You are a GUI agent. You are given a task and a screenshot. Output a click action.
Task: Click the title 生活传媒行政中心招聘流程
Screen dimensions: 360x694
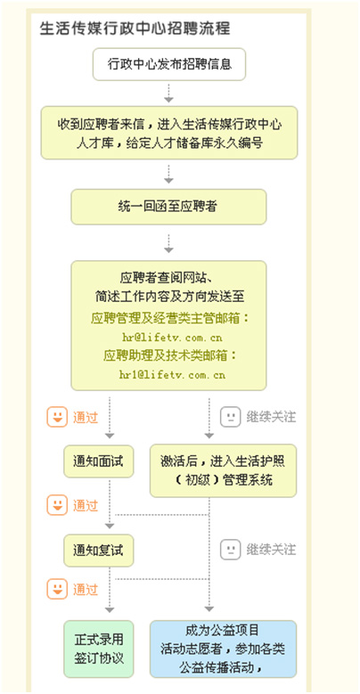135,29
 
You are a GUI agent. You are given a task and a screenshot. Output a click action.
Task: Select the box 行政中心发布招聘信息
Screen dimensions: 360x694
169,64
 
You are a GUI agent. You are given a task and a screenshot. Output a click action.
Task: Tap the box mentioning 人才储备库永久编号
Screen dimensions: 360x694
169,133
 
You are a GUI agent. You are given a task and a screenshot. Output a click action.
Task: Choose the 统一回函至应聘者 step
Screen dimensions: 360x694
168,207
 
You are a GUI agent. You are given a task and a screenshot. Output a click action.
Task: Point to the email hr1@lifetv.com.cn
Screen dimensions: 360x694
172,375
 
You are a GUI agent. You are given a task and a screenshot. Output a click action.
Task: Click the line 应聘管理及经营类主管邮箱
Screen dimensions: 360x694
170,318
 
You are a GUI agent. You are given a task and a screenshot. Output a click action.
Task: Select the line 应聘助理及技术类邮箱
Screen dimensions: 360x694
170,355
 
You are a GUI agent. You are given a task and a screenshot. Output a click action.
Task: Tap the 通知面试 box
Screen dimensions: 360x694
98,461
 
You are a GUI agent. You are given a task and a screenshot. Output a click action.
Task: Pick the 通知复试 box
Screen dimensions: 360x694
98,551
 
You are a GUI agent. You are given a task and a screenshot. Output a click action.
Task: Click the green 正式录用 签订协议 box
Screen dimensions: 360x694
98,649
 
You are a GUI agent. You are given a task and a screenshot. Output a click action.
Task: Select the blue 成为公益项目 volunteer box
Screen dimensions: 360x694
223,649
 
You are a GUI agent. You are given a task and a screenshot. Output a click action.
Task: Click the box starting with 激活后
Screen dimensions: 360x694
223,470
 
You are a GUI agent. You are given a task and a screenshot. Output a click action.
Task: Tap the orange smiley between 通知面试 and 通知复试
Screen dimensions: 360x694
57,505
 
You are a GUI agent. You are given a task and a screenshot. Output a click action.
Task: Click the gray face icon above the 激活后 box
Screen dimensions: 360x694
230,416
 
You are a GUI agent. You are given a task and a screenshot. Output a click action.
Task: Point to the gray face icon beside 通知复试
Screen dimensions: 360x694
230,550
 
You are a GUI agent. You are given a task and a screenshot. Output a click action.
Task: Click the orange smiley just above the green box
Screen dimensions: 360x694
57,589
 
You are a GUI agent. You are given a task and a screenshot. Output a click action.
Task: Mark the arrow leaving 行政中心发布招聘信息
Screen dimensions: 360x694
168,93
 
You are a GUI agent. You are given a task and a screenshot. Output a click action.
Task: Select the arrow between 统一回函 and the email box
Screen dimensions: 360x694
168,242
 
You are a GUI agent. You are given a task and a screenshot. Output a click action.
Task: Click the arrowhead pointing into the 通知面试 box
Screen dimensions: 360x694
110,436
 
